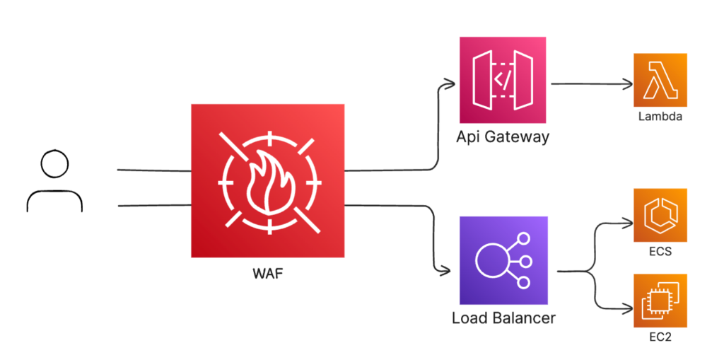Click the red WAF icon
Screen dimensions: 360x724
tap(267, 180)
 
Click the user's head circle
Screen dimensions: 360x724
tap(54, 165)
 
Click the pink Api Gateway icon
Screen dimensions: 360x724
tap(504, 83)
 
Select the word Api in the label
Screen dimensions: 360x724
tap(469, 137)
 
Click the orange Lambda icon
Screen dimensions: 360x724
tap(660, 81)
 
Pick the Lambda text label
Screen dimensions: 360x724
tap(660, 116)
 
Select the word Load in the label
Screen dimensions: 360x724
tap(469, 318)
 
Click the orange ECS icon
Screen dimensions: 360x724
tap(660, 215)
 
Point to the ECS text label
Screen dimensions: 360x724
tap(660, 251)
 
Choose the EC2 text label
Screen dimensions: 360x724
tap(660, 337)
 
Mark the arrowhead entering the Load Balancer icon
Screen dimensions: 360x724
tap(446, 271)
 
